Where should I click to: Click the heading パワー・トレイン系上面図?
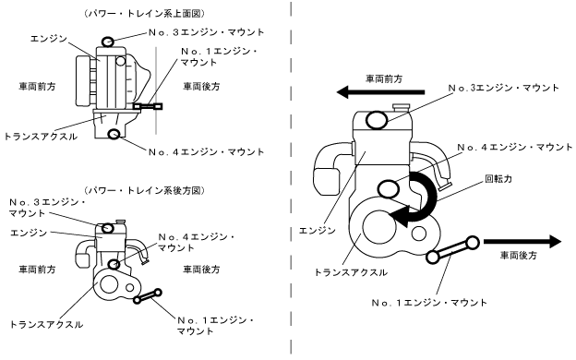click(144, 14)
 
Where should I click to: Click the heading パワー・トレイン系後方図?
click(144, 190)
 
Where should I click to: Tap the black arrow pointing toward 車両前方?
click(380, 91)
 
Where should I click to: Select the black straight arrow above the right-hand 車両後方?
click(522, 241)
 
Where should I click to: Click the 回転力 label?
click(498, 179)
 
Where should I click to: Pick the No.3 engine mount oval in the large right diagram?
click(378, 120)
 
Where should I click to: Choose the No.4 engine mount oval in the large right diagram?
click(388, 189)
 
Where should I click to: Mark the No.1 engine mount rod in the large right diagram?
click(452, 249)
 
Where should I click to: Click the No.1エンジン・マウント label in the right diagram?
click(429, 303)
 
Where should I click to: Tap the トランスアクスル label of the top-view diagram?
click(41, 137)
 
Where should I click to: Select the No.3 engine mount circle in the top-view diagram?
click(108, 42)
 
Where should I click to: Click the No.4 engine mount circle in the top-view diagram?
click(114, 134)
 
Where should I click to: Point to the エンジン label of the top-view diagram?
click(49, 38)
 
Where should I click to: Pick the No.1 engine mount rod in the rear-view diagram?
click(148, 296)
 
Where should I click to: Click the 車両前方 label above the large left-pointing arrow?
click(384, 79)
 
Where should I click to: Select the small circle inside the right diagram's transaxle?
click(419, 234)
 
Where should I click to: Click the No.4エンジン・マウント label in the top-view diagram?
click(207, 152)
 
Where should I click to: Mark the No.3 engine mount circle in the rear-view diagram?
click(107, 228)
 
